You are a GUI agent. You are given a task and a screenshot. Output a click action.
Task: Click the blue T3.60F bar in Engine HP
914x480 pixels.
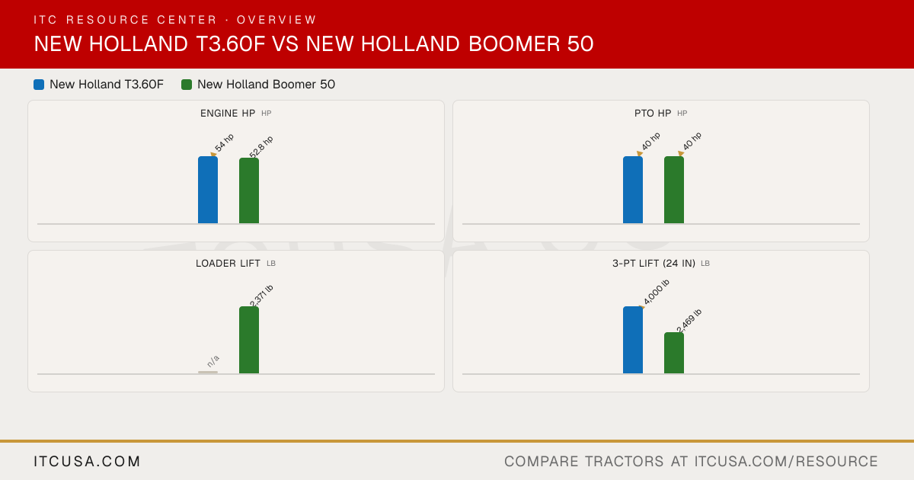click(208, 190)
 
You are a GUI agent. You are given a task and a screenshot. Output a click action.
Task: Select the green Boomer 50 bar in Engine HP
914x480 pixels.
click(249, 190)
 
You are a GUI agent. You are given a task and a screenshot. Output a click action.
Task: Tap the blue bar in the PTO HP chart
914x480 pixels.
click(633, 190)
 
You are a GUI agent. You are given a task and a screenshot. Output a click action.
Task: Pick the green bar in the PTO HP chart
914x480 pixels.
click(674, 190)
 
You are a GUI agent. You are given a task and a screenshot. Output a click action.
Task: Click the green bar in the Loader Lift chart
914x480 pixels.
click(249, 340)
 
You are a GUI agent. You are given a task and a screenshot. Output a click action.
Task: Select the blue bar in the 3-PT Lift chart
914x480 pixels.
click(633, 340)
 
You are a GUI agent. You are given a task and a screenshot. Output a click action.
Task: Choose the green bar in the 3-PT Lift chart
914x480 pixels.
click(674, 353)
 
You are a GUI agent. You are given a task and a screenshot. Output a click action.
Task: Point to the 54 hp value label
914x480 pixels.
click(224, 142)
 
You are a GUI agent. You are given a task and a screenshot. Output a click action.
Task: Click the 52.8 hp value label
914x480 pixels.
click(261, 146)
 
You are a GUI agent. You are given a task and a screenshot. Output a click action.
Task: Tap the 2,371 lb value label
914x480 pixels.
click(261, 296)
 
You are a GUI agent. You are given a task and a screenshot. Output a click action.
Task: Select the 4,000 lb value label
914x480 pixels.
click(657, 293)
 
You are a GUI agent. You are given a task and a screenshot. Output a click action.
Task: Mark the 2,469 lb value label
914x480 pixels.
click(689, 321)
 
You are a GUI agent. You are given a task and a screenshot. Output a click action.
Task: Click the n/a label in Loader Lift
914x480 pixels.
click(213, 361)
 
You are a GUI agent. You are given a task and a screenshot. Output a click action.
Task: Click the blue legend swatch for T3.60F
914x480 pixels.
click(39, 85)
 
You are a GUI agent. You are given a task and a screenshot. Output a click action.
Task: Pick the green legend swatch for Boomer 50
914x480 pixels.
click(187, 85)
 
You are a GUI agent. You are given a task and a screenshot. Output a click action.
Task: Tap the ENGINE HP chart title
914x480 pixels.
click(228, 113)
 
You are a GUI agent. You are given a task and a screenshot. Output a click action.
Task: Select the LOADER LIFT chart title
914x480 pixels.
click(228, 264)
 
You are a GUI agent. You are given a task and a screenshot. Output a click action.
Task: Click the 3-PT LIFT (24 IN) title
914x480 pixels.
click(654, 264)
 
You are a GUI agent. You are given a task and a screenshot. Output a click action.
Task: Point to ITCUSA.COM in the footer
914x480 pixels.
click(87, 461)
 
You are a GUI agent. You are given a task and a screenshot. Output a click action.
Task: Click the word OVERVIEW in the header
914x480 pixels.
click(276, 20)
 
